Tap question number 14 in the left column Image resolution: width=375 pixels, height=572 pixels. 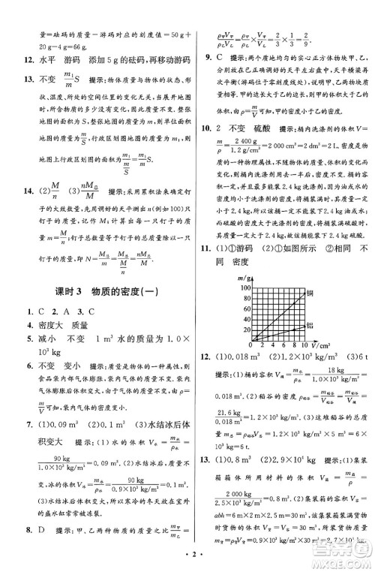[x=25, y=211]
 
